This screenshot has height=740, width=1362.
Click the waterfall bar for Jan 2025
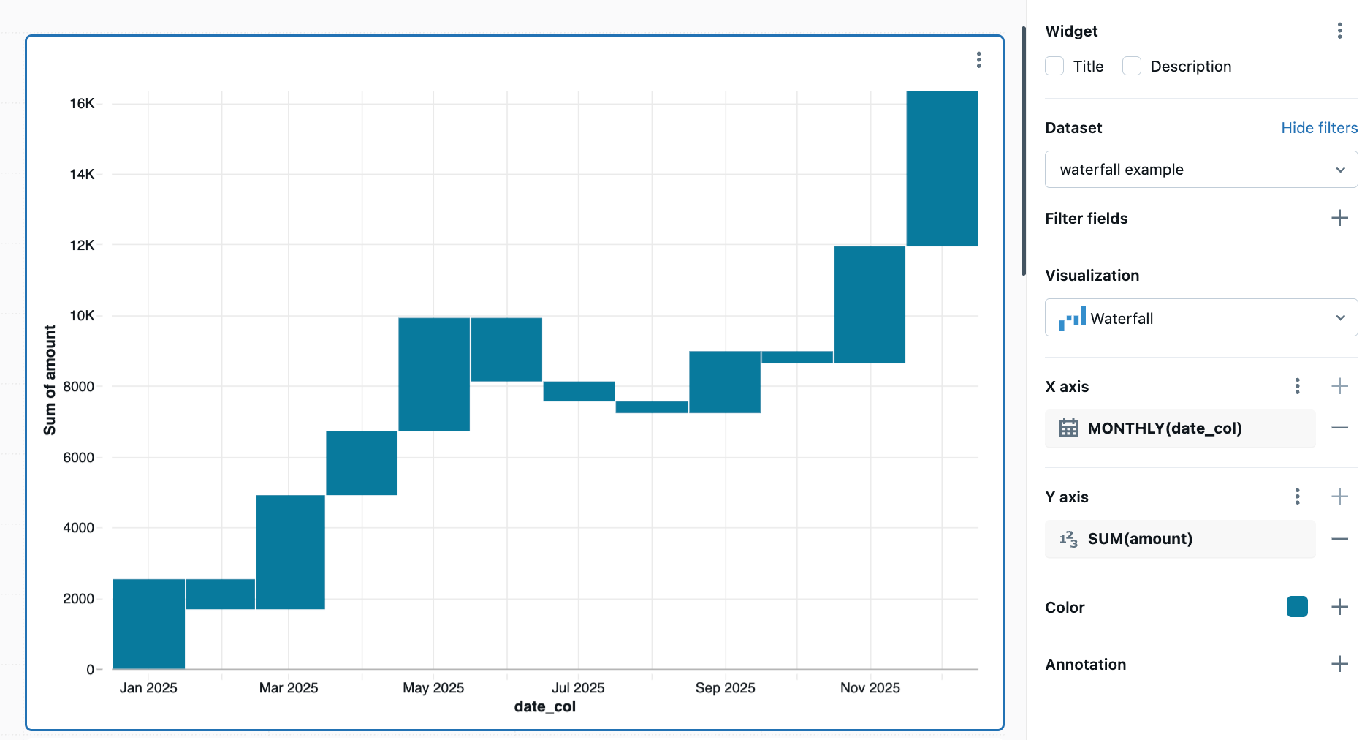pos(148,623)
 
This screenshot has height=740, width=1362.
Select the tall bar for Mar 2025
pos(290,551)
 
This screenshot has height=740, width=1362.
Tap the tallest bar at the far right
pos(942,168)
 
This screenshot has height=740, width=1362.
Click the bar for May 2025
pos(434,374)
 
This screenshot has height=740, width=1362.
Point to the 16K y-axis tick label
pos(82,104)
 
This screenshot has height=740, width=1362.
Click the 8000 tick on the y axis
pos(78,387)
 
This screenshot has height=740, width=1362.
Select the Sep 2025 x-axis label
pos(725,688)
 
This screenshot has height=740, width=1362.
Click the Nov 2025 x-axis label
pos(870,688)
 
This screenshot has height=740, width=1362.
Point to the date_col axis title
pos(544,707)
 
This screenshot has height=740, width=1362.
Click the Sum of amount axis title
pos(50,380)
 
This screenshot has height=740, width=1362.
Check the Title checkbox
pos(1054,67)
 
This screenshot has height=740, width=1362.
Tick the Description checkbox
pos(1132,67)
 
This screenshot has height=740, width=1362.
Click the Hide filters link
pos(1319,128)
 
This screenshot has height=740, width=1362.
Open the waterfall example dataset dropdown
pos(1201,170)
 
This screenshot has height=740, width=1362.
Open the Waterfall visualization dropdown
pos(1201,318)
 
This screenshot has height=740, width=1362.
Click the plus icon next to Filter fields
pos(1339,218)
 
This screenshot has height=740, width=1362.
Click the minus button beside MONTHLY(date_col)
pos(1339,428)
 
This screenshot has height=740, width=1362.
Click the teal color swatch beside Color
pos(1297,607)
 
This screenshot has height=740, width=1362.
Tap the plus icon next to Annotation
pos(1339,664)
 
